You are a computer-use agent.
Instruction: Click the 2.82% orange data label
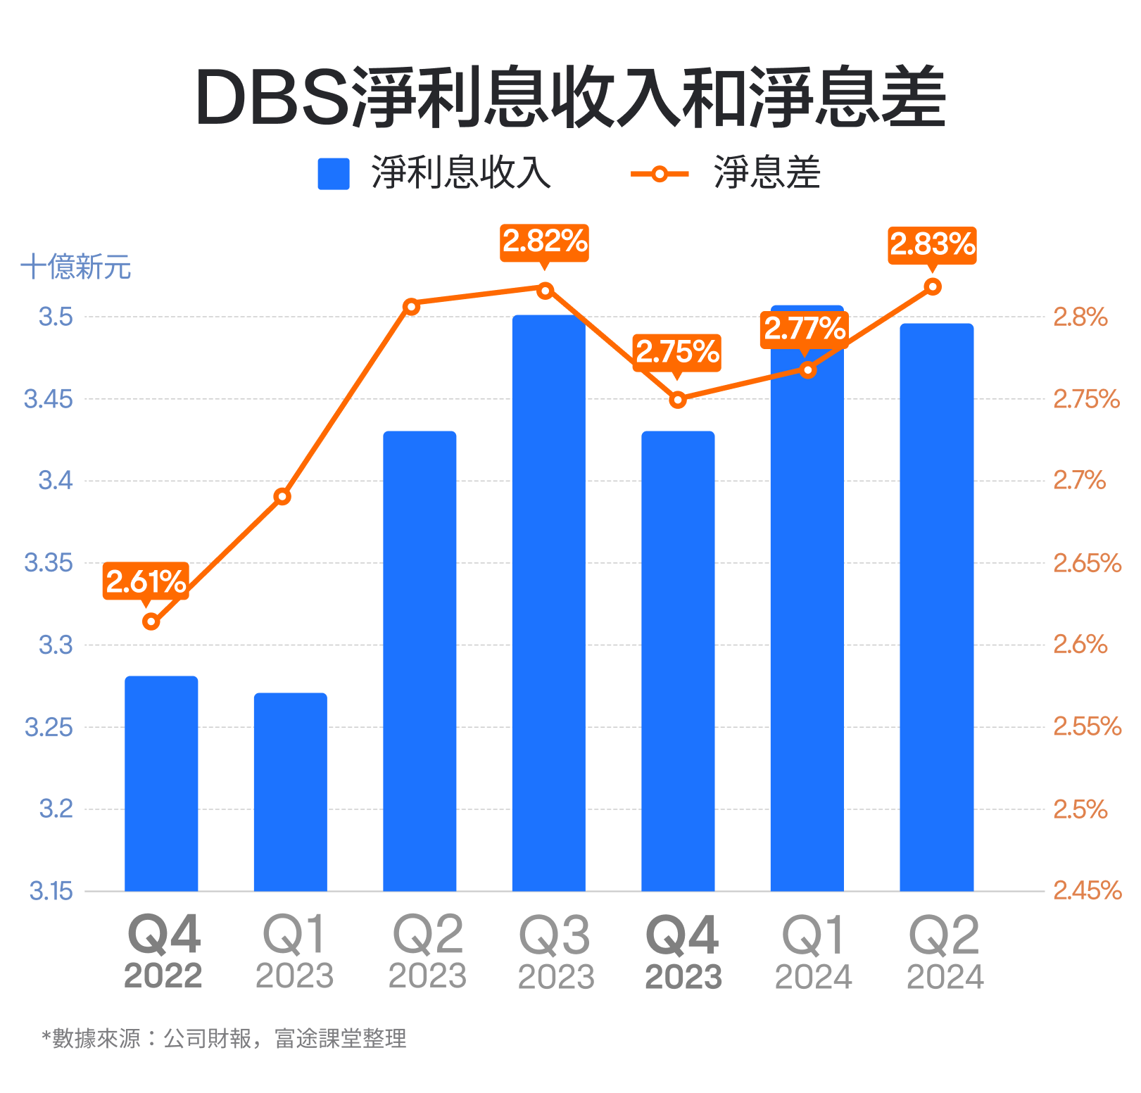tap(544, 242)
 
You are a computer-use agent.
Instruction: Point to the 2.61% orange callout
tap(146, 581)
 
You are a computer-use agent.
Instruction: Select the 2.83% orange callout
tap(932, 245)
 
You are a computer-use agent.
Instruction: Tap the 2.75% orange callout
tap(677, 351)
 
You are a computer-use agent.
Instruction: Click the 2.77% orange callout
tap(805, 329)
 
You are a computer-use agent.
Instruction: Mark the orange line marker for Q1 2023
tap(282, 497)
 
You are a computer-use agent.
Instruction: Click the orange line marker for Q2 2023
tap(412, 306)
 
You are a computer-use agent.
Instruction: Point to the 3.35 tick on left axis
tap(48, 563)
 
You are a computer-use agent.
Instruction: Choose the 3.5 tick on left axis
tap(56, 317)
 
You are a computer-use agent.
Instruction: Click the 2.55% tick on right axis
tap(1086, 726)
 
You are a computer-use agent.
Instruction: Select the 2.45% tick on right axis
tap(1086, 891)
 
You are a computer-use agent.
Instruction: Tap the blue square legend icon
tap(334, 174)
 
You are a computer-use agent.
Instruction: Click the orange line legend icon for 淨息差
tap(659, 174)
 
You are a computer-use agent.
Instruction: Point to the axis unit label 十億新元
tap(76, 267)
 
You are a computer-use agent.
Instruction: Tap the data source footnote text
tap(225, 1038)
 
